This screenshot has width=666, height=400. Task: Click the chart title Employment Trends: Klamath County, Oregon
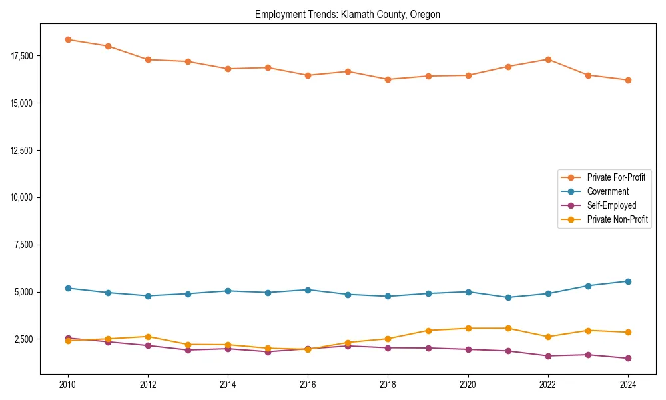point(348,15)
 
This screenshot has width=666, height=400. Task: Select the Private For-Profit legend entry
point(611,177)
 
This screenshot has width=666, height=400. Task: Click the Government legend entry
point(607,191)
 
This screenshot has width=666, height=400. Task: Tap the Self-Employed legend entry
point(611,205)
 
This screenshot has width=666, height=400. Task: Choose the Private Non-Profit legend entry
point(617,219)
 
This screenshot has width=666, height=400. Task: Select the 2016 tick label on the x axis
point(308,385)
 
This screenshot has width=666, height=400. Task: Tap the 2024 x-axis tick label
point(628,385)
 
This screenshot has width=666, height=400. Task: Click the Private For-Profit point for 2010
point(68,39)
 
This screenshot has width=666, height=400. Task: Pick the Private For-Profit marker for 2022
point(548,59)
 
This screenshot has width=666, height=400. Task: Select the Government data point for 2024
point(628,281)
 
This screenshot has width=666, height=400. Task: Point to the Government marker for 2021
point(508,297)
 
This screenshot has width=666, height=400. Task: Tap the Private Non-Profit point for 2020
point(468,328)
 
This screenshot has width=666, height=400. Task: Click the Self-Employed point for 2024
point(628,358)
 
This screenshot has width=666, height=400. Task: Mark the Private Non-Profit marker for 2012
point(148,337)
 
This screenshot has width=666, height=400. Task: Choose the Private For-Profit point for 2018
point(388,79)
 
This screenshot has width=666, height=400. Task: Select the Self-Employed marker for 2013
point(188,350)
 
